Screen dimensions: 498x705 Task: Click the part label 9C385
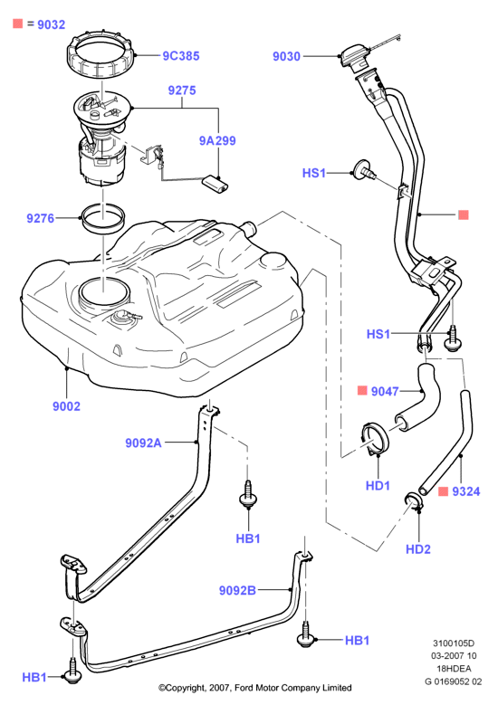pos(181,56)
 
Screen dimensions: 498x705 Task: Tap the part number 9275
pos(182,91)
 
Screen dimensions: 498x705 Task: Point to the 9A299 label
pos(217,141)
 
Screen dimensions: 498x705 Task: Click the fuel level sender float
pos(215,185)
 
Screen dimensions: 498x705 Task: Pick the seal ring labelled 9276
pos(102,219)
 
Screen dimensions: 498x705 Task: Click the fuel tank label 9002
pos(66,406)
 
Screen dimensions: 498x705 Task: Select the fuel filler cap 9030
pos(355,57)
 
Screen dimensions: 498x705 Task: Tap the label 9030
pos(286,56)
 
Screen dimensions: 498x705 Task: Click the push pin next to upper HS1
pos(364,171)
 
